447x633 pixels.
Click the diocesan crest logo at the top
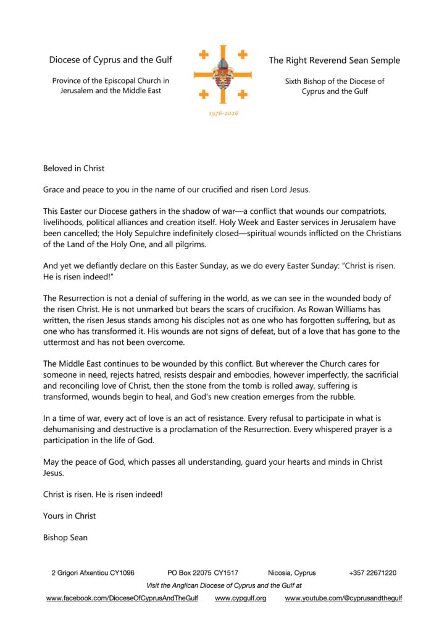pyautogui.click(x=223, y=75)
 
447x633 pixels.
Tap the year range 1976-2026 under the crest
pyautogui.click(x=223, y=113)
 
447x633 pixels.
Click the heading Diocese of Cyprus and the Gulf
pyautogui.click(x=111, y=60)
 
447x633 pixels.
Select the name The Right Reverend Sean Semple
pyautogui.click(x=334, y=61)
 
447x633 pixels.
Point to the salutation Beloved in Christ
pyautogui.click(x=73, y=168)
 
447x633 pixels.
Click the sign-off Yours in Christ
pyautogui.click(x=69, y=516)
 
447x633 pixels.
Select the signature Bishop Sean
pyautogui.click(x=65, y=537)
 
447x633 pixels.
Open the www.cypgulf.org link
pyautogui.click(x=240, y=598)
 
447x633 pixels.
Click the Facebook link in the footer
pyautogui.click(x=122, y=598)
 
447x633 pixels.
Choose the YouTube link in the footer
pyautogui.click(x=343, y=598)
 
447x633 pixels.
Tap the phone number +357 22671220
pyautogui.click(x=372, y=573)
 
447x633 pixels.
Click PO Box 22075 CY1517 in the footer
pyautogui.click(x=203, y=573)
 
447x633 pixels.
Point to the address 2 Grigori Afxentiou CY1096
pyautogui.click(x=93, y=573)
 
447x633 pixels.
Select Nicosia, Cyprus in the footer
pyautogui.click(x=292, y=573)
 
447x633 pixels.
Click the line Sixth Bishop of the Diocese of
pyautogui.click(x=334, y=81)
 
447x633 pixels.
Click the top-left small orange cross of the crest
pyautogui.click(x=203, y=55)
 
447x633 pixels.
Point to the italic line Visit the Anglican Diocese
pyautogui.click(x=223, y=585)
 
